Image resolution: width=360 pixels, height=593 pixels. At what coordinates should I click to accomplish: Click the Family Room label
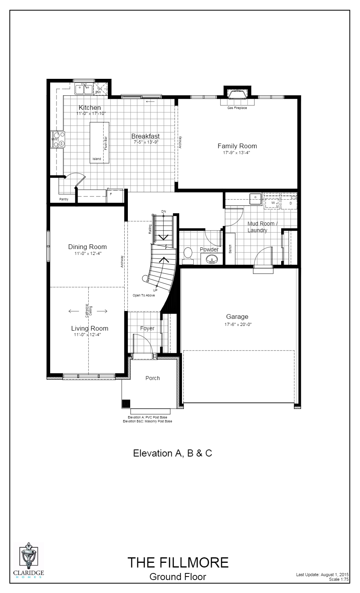237,146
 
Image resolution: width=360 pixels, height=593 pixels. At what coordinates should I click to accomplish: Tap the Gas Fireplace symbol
237,95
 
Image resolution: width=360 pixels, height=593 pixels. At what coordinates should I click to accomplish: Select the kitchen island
100,142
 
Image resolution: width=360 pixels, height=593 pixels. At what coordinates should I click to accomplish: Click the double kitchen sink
84,89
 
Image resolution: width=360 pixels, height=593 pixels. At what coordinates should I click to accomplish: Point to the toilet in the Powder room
188,254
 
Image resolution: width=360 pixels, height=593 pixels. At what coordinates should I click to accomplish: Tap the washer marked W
273,203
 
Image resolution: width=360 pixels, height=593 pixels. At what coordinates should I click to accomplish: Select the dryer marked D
291,203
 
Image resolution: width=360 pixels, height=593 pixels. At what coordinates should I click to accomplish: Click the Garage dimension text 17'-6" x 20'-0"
237,324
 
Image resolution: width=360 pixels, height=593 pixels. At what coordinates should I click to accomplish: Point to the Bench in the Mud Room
230,249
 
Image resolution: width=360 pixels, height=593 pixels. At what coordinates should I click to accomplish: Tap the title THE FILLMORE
178,562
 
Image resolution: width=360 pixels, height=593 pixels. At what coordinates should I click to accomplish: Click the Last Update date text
322,575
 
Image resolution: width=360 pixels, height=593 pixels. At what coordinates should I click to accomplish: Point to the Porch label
153,378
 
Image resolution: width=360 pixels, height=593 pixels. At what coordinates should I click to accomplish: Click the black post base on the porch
126,404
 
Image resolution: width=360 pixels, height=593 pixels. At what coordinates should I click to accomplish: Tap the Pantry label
64,199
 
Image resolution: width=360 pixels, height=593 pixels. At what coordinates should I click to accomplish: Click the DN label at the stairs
164,212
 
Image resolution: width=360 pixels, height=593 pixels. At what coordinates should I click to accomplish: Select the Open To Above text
144,295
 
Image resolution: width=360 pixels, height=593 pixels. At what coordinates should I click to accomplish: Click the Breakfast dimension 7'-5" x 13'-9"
145,142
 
